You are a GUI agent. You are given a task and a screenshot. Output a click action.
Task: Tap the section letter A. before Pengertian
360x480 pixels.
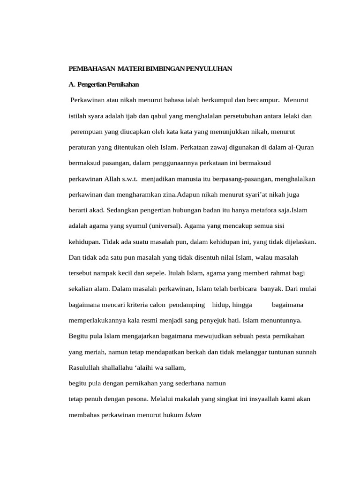click(x=72, y=84)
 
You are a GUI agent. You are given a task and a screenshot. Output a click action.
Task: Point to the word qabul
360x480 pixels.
click(x=160, y=116)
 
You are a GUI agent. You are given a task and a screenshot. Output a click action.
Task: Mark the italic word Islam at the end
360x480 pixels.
click(x=193, y=415)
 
